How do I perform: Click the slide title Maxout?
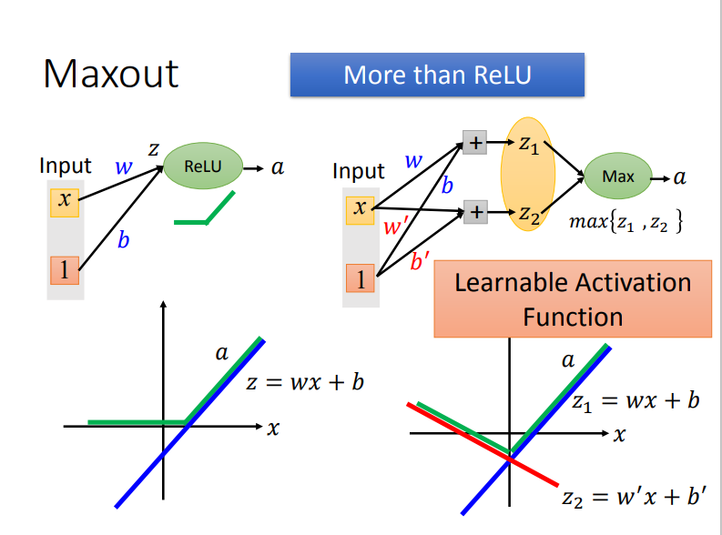point(110,73)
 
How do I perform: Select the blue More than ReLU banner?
point(436,75)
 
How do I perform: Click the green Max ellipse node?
point(618,176)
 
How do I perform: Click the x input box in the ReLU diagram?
point(64,199)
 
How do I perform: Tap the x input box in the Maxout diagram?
point(360,208)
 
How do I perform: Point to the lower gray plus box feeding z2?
point(474,214)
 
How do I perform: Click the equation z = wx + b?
point(305,382)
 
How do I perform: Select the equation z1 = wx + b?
point(635,401)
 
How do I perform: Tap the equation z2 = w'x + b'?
point(635,498)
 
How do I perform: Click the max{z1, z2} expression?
point(625,221)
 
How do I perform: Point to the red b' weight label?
point(421,263)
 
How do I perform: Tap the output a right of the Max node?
point(679,177)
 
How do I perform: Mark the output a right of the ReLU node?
point(277,167)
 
